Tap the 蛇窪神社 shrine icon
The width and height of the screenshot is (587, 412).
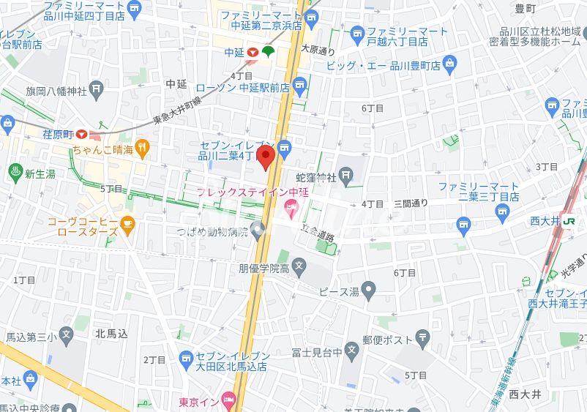(x=345, y=176)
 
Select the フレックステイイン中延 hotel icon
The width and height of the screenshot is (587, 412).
(x=290, y=211)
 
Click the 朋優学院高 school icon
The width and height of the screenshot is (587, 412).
(x=299, y=267)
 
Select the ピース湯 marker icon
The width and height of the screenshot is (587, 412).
(x=370, y=291)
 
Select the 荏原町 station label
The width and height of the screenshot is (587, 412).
(x=58, y=134)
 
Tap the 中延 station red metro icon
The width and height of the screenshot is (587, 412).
(x=252, y=52)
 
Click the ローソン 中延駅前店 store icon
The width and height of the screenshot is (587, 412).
(x=299, y=87)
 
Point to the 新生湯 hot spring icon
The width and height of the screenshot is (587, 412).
(x=13, y=173)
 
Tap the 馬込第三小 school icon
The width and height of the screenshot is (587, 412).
(x=67, y=337)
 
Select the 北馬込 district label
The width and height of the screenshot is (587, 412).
(x=111, y=333)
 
